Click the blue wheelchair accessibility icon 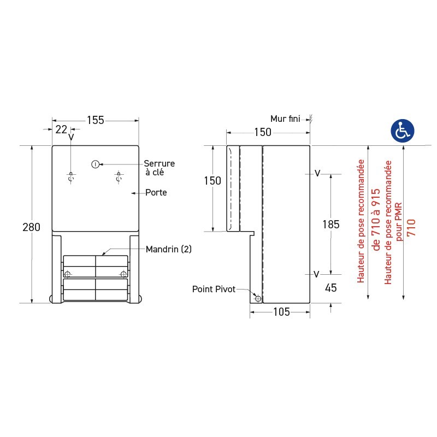click(x=403, y=131)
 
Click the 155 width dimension click(x=95, y=121)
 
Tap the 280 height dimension click(x=32, y=227)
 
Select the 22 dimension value click(x=61, y=129)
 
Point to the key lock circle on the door click(x=95, y=164)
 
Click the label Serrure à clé click(x=159, y=168)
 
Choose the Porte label click(x=156, y=193)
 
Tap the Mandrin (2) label click(x=169, y=249)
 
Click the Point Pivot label click(x=214, y=289)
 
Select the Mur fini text click(x=286, y=119)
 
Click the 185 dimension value click(x=331, y=224)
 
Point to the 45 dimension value click(x=331, y=288)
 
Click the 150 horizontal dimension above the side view click(x=263, y=132)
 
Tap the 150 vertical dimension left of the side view click(x=212, y=181)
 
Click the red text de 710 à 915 click(x=375, y=219)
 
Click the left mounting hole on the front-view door click(x=70, y=176)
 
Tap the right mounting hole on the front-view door click(x=118, y=176)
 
